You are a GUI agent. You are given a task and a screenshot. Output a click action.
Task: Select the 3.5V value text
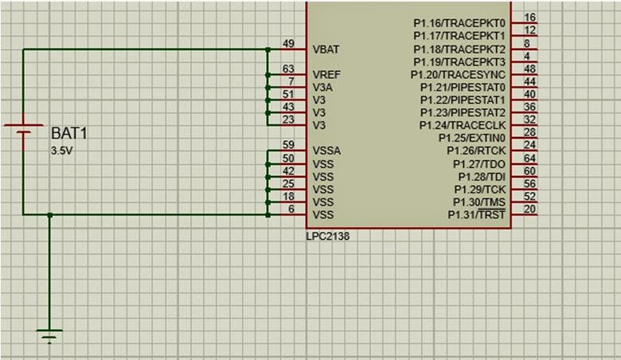point(61,150)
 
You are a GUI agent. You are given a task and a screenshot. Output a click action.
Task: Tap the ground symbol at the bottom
point(49,335)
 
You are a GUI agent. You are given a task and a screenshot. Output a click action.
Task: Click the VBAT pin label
point(327,49)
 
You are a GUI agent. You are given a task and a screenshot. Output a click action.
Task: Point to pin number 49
point(289,43)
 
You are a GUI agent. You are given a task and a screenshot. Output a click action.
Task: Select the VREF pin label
point(327,74)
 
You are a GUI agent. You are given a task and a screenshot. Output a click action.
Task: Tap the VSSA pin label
point(327,151)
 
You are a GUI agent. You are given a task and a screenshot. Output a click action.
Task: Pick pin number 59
point(289,145)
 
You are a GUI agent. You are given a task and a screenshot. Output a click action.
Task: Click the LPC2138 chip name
point(327,237)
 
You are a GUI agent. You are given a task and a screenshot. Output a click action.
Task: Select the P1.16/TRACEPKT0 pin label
point(459,23)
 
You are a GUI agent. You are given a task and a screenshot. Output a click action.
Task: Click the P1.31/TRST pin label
point(476,215)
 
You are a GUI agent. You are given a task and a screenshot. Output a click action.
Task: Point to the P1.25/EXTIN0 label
point(472,138)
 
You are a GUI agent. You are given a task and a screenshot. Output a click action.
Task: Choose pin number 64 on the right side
point(529,158)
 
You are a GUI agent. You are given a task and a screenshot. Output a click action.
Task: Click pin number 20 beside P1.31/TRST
point(529,209)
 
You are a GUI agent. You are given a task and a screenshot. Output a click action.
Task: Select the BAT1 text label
point(68,133)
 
